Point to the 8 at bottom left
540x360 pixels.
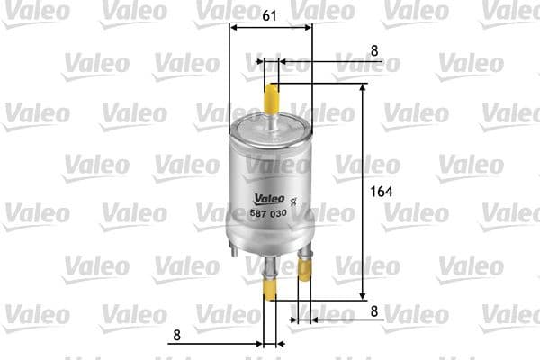[176, 335]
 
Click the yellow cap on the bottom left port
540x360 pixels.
[269, 285]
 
